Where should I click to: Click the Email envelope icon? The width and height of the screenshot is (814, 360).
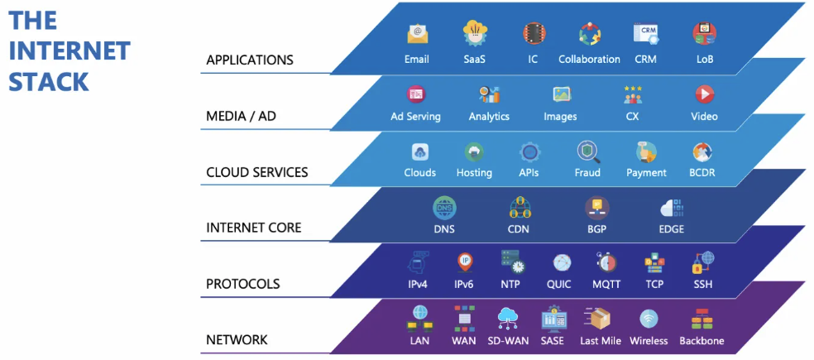(x=417, y=34)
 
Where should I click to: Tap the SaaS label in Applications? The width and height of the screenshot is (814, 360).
(x=474, y=60)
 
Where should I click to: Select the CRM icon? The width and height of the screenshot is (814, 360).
(x=645, y=33)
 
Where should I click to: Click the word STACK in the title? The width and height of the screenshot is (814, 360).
(x=49, y=82)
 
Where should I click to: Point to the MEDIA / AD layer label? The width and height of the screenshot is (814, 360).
(x=241, y=117)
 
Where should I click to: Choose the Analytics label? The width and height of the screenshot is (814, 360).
(x=489, y=117)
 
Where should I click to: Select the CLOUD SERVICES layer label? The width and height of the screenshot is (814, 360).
(x=256, y=173)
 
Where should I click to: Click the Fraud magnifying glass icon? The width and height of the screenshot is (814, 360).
(x=588, y=151)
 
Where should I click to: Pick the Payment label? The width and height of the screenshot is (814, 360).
(x=646, y=173)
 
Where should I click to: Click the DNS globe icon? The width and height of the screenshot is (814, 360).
(x=444, y=207)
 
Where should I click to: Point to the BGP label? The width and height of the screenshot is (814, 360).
(x=596, y=229)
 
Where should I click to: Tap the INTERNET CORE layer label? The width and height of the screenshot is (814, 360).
(x=253, y=228)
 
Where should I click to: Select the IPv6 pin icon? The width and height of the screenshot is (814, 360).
(x=465, y=262)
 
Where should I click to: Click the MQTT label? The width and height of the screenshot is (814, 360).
(x=607, y=285)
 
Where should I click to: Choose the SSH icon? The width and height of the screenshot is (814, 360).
(x=703, y=262)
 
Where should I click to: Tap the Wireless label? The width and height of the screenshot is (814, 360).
(x=649, y=341)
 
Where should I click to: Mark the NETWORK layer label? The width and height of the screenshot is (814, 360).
(x=237, y=340)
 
